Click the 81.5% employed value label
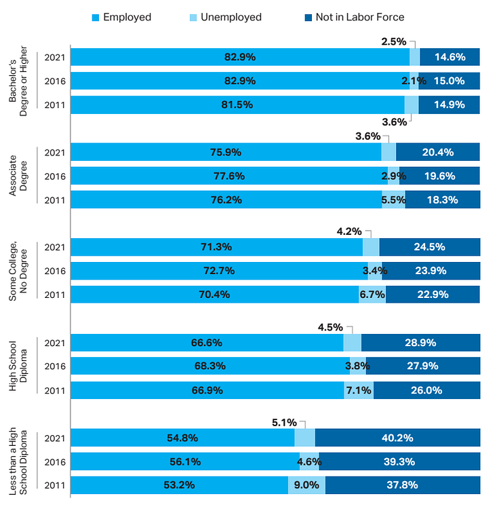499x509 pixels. [239, 105]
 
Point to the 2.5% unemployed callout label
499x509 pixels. [393, 41]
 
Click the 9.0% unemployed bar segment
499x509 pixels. [306, 485]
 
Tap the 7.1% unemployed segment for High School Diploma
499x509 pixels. [359, 390]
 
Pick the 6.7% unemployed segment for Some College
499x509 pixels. [372, 295]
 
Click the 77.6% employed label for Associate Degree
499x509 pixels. [229, 176]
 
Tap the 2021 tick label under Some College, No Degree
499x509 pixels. [54, 247]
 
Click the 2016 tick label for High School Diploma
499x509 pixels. [54, 366]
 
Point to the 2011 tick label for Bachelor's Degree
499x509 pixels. [54, 105]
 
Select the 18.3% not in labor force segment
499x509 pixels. [443, 200]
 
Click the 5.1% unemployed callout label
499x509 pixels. [284, 422]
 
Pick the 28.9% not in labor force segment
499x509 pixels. [420, 343]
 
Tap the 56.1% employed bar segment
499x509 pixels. [185, 461]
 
